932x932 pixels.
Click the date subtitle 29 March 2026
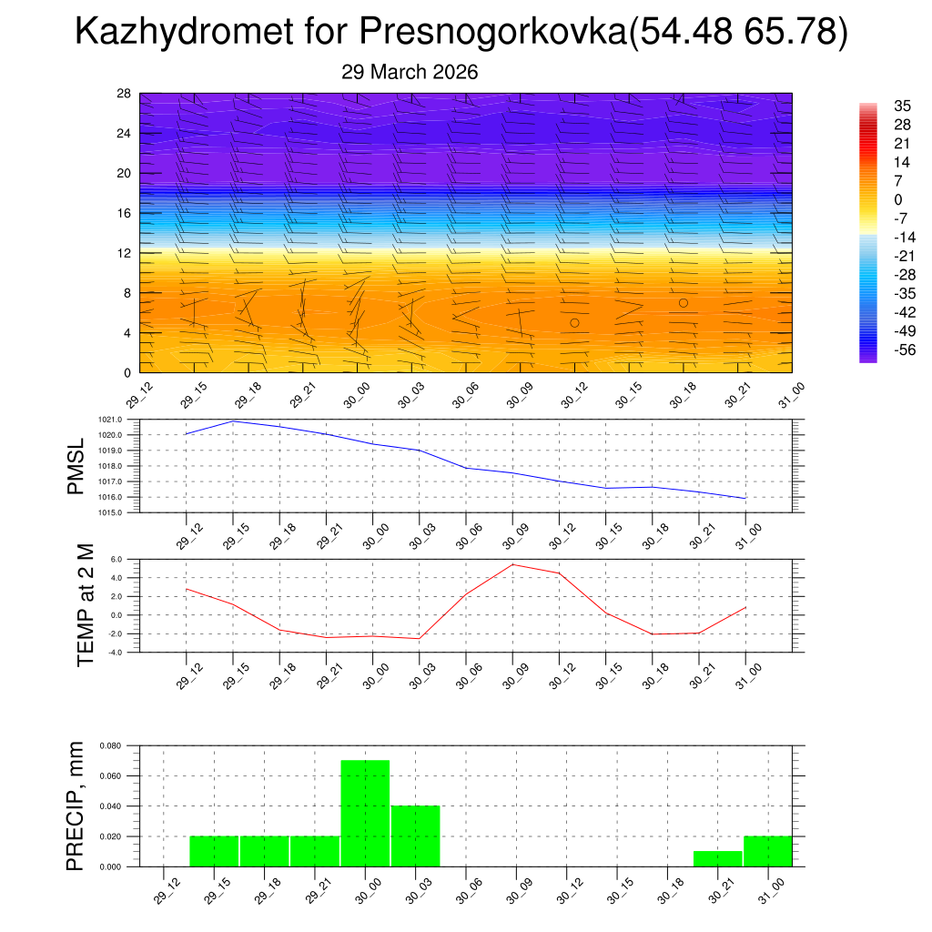410,72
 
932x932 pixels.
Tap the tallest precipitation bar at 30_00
365,813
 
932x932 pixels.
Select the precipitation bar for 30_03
416,836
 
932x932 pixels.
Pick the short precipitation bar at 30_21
717,858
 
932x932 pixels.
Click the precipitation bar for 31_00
767,851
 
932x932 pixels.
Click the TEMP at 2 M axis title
86,605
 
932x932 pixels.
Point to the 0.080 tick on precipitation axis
111,745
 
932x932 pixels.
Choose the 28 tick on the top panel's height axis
124,94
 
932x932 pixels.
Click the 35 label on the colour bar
903,106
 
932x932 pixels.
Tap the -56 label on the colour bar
905,349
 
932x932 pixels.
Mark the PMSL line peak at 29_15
233,420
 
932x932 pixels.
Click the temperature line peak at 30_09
512,564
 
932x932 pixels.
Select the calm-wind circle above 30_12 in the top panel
574,323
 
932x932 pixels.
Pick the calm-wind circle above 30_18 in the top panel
683,303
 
